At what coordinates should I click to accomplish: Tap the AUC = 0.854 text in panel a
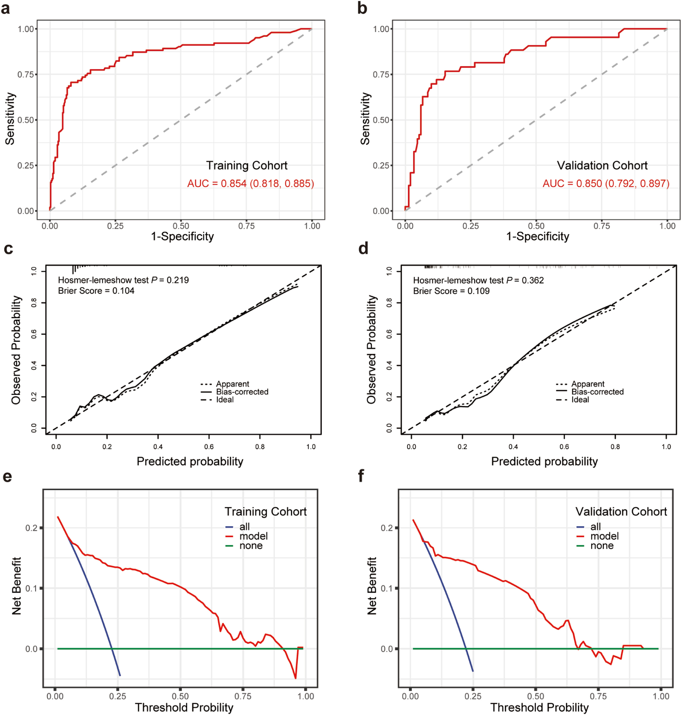coord(250,183)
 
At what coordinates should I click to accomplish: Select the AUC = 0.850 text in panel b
coord(606,183)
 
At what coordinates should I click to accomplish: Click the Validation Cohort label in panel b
coord(602,166)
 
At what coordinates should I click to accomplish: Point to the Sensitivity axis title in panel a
coord(10,119)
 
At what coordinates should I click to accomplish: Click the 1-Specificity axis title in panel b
coord(538,237)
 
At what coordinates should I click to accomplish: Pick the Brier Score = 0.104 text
coord(96,291)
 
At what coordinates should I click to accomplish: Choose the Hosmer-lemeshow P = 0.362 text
coord(478,280)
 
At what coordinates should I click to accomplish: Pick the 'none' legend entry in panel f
coord(602,546)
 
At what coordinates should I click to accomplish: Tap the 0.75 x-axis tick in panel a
coord(246,226)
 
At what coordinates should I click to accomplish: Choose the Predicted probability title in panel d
coord(544,461)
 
